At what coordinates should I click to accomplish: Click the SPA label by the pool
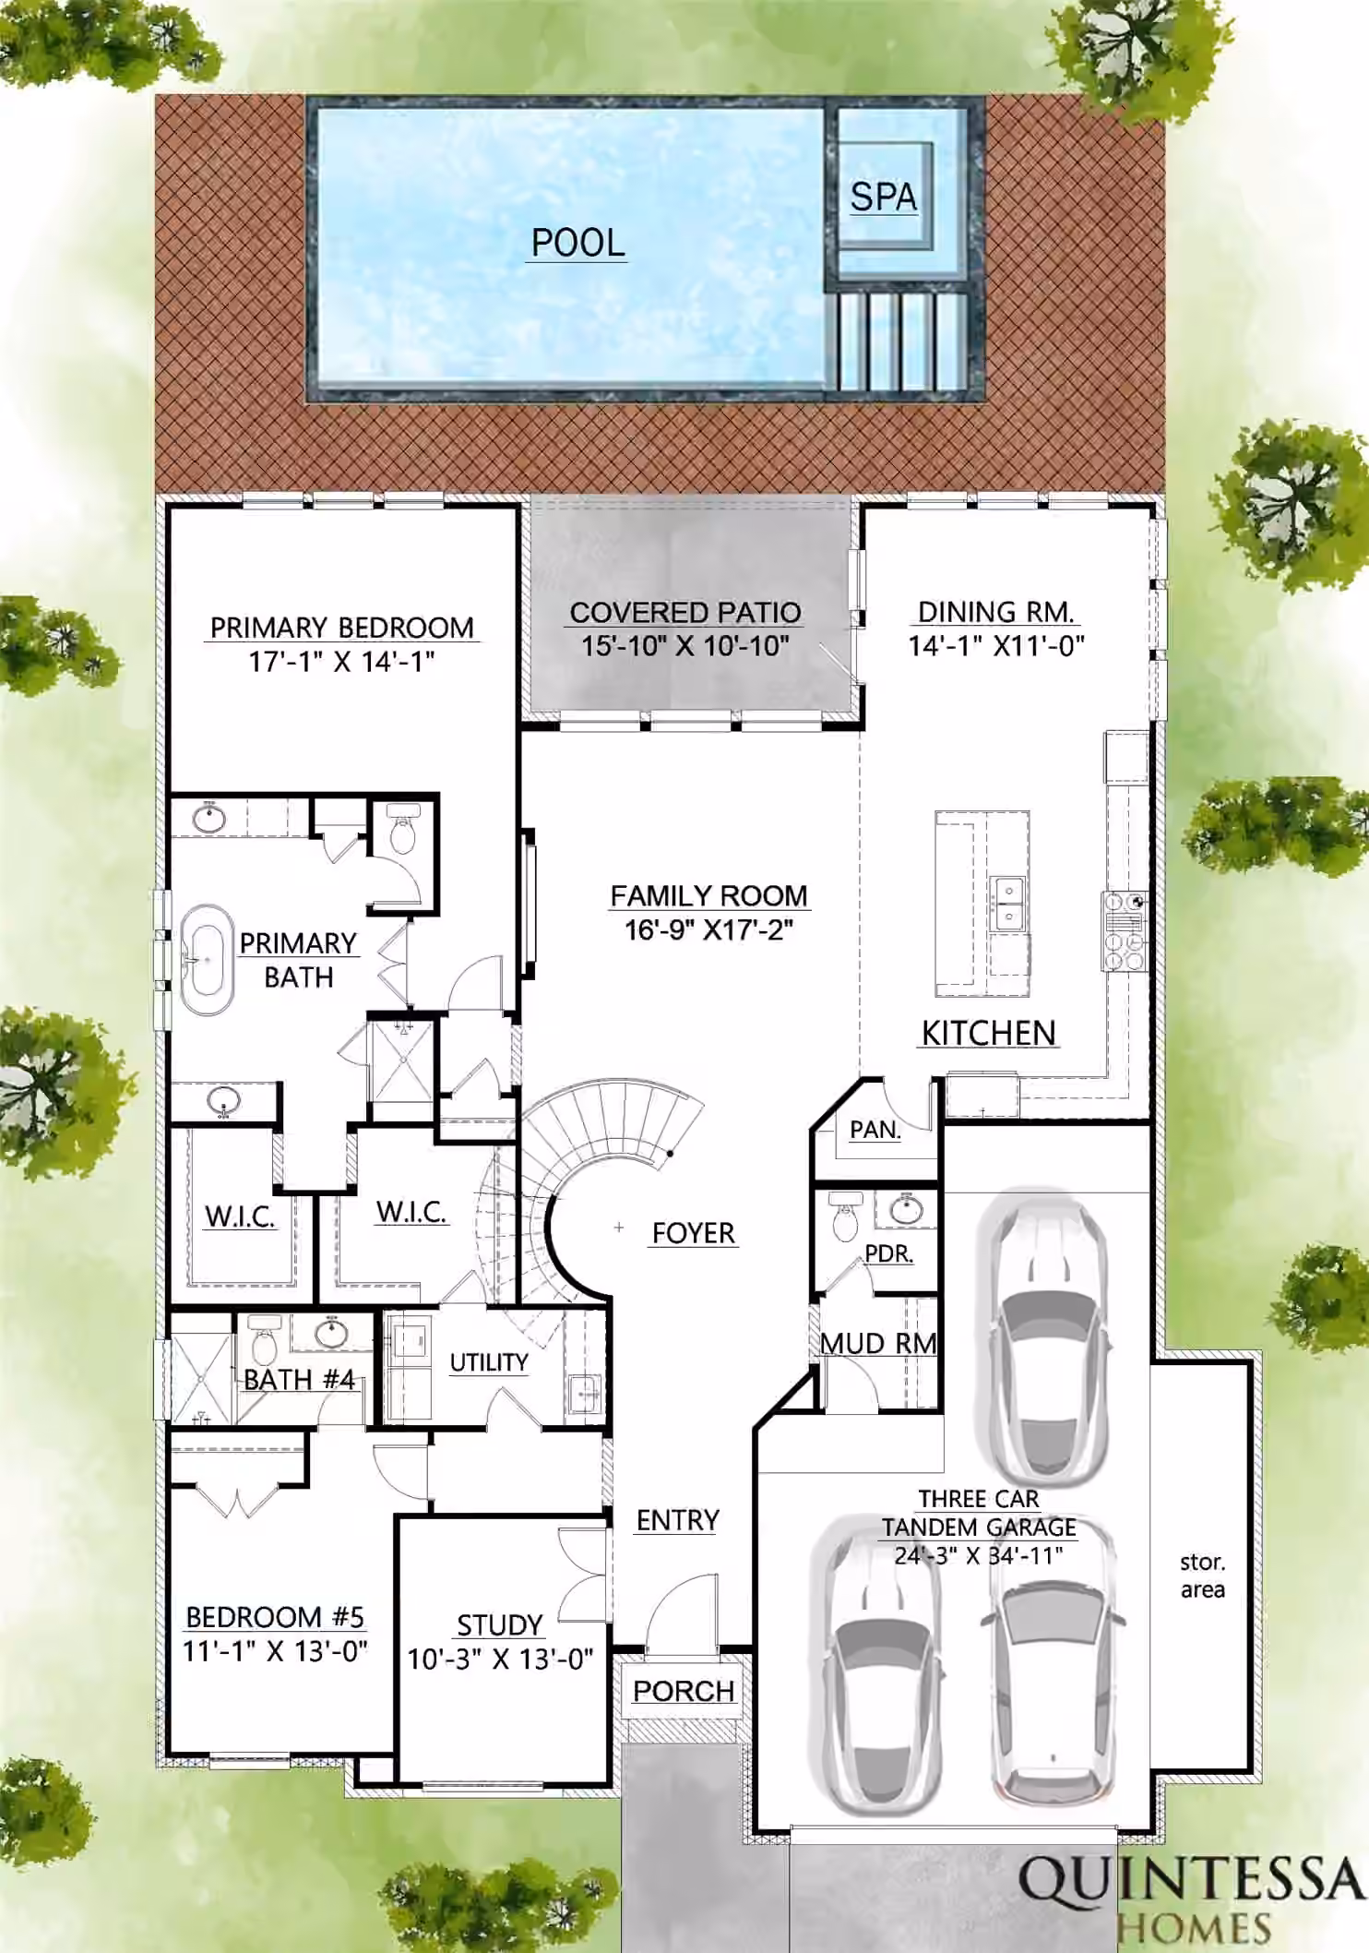pos(883,197)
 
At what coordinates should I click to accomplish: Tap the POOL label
pos(577,243)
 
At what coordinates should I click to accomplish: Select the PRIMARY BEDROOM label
pos(341,628)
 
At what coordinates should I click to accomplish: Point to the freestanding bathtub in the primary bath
pos(208,959)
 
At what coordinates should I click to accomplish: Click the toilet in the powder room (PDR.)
pos(844,1216)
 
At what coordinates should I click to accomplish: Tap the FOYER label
pos(693,1233)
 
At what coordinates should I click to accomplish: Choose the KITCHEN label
pos(988,1033)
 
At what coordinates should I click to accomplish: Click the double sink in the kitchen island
pos(1008,904)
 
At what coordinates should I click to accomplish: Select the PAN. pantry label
pos(875,1130)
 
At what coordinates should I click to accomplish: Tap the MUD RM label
pos(877,1343)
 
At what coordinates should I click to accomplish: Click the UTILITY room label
pos(488,1362)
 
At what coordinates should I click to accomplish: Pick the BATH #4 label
pos(299,1379)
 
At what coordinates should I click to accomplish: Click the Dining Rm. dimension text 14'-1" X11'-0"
pos(995,645)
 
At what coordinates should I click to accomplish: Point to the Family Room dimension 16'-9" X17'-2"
pos(708,929)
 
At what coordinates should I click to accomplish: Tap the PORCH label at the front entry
pos(683,1691)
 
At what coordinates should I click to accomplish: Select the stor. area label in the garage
pos(1202,1576)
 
